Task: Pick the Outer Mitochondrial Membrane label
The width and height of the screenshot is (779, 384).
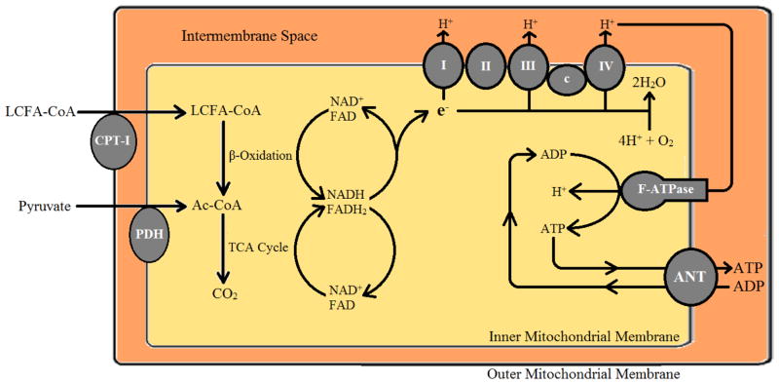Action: point(582,373)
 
